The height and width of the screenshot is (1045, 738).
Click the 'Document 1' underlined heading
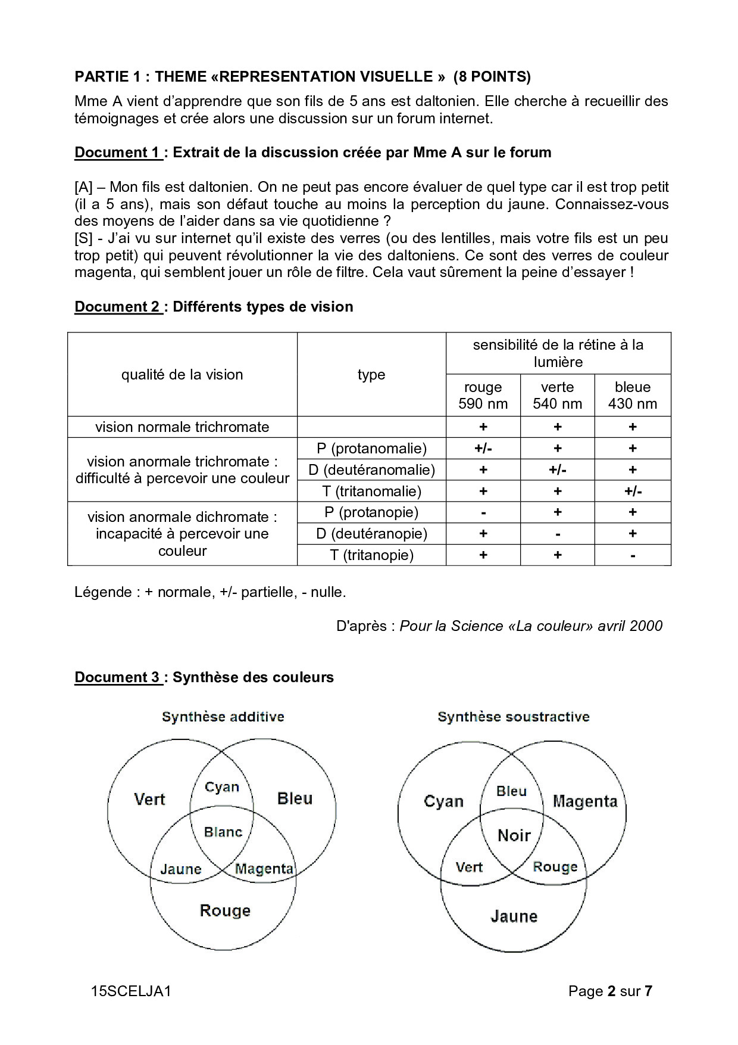tap(118, 153)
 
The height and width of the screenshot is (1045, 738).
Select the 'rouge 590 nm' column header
tap(483, 395)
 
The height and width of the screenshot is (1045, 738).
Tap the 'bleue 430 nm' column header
tap(632, 395)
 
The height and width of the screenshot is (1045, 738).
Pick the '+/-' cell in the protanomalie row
tap(483, 448)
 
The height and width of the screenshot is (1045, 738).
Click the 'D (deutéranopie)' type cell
tap(371, 533)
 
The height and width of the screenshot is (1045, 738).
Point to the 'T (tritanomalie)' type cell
tap(371, 491)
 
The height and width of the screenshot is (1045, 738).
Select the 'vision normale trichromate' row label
tap(182, 427)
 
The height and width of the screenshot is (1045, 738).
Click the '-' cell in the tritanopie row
tap(632, 555)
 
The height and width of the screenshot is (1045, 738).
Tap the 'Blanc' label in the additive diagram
tap(223, 832)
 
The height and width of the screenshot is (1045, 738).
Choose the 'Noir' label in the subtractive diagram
tap(514, 835)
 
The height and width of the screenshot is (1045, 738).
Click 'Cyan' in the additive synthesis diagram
tap(222, 787)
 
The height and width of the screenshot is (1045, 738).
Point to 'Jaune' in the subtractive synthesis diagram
tap(514, 916)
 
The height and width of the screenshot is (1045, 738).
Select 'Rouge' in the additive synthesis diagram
tap(225, 910)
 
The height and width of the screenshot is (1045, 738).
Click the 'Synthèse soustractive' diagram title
tap(513, 717)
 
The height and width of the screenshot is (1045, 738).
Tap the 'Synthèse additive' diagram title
tap(223, 717)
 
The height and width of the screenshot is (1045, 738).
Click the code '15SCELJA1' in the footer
tap(132, 991)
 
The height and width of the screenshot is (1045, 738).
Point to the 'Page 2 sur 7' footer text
tap(610, 991)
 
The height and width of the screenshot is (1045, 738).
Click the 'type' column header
tap(371, 374)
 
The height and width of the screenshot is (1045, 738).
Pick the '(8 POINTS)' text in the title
tap(492, 76)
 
